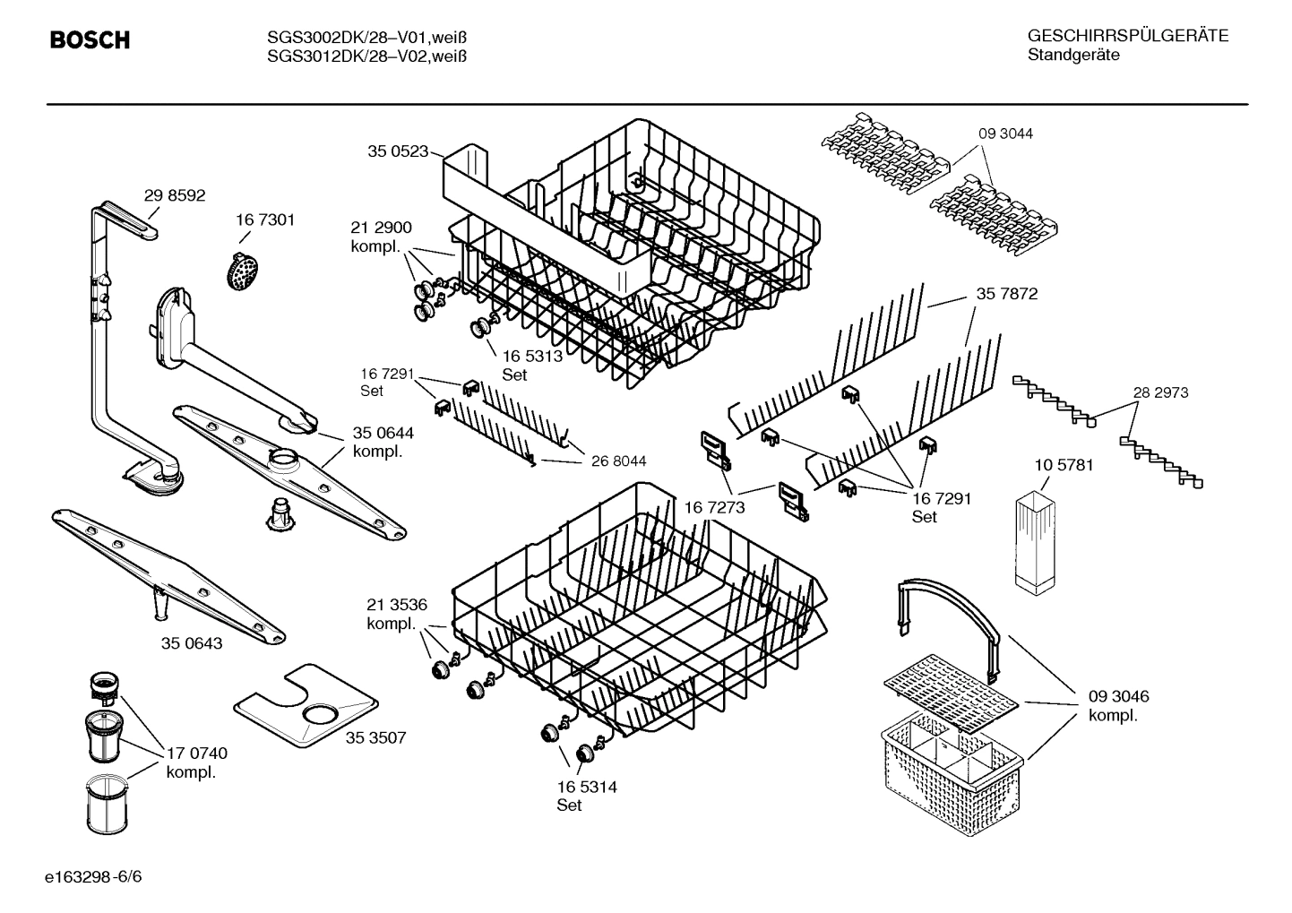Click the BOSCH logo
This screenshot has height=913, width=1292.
90,40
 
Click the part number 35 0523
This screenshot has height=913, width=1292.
398,151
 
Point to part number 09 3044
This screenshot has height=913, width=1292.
1004,134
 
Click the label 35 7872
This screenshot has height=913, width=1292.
1006,294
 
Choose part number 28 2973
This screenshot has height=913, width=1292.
1160,392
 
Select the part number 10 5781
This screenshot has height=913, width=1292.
1064,465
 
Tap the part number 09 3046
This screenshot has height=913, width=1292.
1118,696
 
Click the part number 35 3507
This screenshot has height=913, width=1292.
375,737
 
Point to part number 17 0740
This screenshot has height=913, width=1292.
196,754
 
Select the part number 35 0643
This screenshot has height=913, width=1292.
192,643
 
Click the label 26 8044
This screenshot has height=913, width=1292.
618,461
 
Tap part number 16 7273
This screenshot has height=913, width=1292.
714,508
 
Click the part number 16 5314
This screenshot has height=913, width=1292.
586,787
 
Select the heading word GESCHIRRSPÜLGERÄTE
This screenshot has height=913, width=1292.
1127,36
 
